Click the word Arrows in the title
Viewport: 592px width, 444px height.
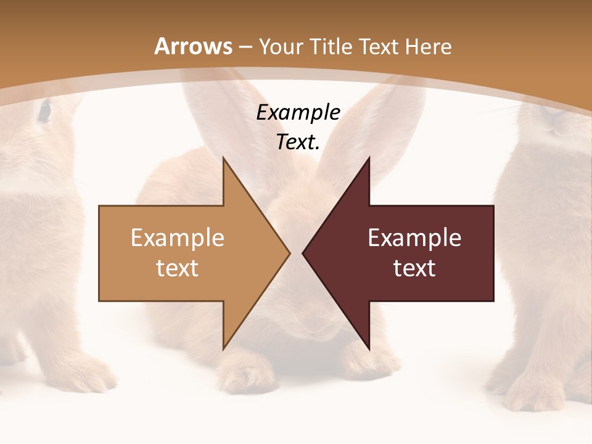(x=194, y=46)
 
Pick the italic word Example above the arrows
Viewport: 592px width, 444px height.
(x=298, y=113)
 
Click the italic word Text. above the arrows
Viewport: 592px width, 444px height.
(x=298, y=142)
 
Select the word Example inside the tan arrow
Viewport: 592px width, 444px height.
(x=178, y=238)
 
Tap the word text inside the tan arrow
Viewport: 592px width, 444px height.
(x=178, y=268)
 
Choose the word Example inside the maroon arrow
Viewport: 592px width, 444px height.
(x=414, y=238)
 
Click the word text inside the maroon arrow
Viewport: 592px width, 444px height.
(x=414, y=268)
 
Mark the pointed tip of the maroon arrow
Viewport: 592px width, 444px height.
(x=303, y=253)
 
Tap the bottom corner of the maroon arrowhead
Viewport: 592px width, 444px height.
(x=369, y=349)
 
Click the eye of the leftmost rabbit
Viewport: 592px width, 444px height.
(x=44, y=111)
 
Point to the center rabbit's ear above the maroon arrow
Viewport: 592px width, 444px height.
(x=382, y=123)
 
